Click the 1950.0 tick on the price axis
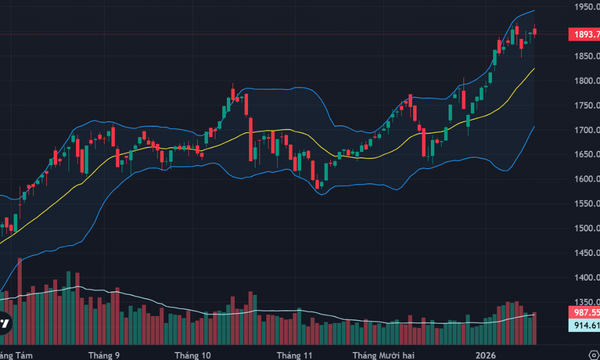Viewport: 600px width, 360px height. click(586, 7)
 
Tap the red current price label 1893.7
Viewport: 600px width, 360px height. click(584, 34)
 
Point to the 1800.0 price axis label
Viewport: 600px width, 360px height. click(586, 81)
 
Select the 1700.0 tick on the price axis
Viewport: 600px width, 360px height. click(586, 130)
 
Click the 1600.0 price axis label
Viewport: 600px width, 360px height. click(586, 179)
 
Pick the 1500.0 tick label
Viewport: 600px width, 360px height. click(586, 228)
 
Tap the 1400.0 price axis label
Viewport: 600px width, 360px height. click(586, 277)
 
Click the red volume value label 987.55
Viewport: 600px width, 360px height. click(584, 313)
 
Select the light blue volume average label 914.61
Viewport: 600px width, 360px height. click(584, 325)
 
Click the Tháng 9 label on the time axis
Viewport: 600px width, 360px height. click(104, 355)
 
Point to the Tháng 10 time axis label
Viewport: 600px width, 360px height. click(193, 355)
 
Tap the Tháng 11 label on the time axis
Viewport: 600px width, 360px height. click(295, 355)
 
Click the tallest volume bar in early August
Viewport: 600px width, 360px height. click(20, 301)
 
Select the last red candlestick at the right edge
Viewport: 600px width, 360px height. click(535, 31)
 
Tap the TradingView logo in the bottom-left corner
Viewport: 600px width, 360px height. click(5, 323)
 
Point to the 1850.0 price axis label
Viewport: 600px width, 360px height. click(586, 56)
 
